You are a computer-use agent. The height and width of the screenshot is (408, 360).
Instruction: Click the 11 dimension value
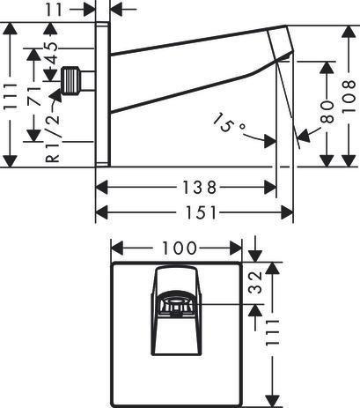54,10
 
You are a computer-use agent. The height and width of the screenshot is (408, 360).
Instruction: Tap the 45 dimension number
51,53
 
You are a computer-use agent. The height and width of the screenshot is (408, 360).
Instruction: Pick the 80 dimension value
327,112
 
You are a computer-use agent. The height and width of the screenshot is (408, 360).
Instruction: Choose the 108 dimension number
349,96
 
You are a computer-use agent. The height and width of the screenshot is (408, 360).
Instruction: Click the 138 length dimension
200,188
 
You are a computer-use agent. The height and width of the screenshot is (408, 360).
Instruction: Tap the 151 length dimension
200,212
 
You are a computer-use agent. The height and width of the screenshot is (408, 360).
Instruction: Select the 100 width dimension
179,249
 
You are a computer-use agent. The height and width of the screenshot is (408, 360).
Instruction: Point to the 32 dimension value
254,282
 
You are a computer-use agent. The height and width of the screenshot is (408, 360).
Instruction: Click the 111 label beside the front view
272,332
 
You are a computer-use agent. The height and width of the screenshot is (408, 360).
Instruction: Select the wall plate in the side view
103,94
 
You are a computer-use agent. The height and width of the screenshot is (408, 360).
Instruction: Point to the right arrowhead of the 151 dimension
287,212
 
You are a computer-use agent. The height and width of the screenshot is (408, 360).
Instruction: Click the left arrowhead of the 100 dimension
117,249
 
